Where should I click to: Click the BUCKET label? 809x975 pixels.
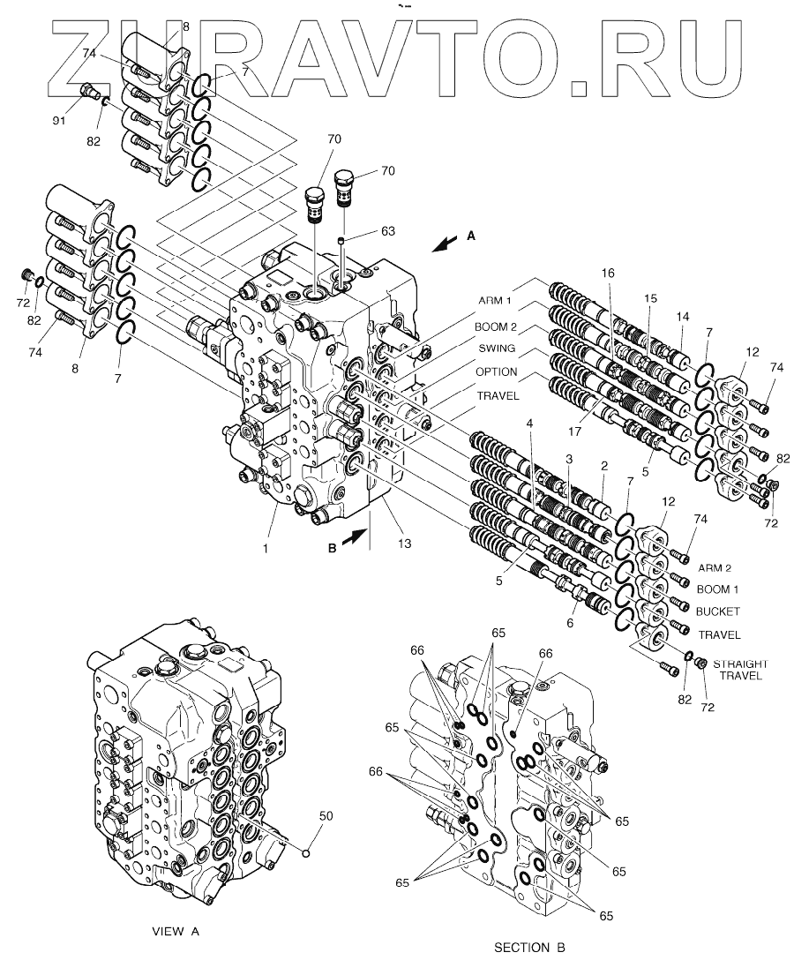tap(718, 611)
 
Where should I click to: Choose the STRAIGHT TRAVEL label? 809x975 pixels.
tap(740, 671)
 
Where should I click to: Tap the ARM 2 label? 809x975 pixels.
tap(715, 567)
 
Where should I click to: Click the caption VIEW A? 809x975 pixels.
tap(176, 931)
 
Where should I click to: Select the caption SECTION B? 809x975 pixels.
tap(529, 949)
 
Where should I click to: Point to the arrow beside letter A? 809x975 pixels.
tap(446, 243)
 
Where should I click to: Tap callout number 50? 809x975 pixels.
tap(326, 816)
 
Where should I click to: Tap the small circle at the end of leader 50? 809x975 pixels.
tap(306, 851)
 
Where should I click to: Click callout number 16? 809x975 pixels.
tap(608, 274)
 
